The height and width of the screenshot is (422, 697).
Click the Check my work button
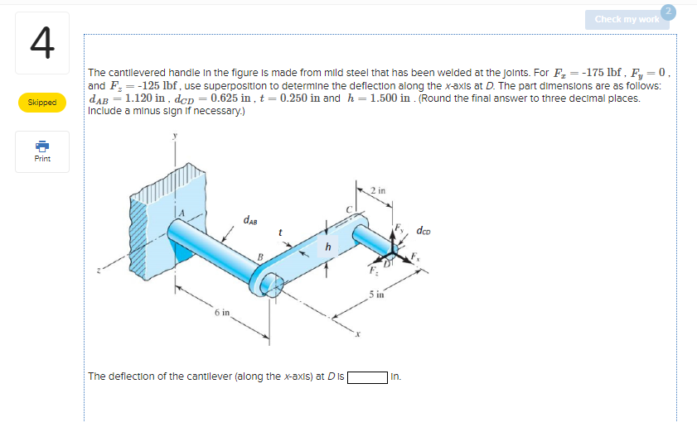pos(627,19)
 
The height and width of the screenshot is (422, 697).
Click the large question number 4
pos(41,44)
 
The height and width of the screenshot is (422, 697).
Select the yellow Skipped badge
pos(41,103)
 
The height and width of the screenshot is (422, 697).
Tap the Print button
pos(41,152)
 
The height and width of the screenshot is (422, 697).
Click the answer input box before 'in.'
pos(367,377)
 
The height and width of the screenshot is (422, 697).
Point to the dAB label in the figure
pos(250,220)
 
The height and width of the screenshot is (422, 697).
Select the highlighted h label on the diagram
pos(327,246)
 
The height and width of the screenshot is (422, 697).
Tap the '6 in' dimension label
pos(221,314)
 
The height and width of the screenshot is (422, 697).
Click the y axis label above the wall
pos(176,138)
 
